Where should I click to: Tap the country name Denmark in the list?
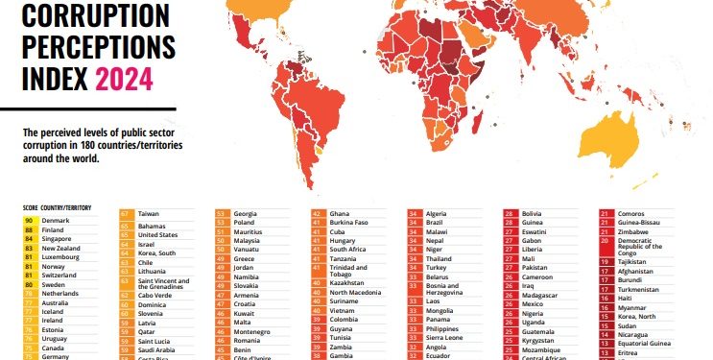[x=58, y=220]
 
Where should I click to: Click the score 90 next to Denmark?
[x=31, y=220]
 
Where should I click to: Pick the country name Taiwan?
[x=150, y=213]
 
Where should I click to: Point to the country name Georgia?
[x=246, y=213]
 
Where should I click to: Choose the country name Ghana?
[x=340, y=213]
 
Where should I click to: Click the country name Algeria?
[x=437, y=213]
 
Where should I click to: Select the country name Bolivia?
[x=533, y=213]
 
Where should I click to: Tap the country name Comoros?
[x=632, y=213]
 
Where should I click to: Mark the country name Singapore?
[x=59, y=239]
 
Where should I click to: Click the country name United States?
[x=159, y=234]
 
